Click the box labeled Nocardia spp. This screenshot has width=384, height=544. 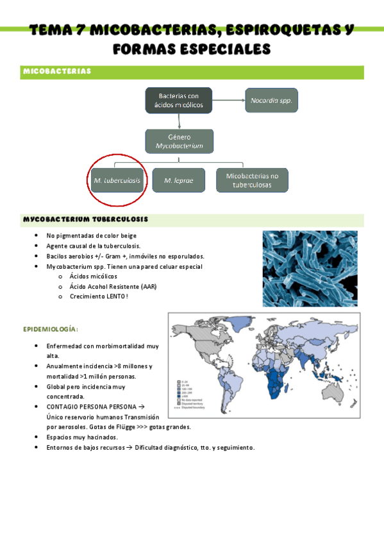tap(272, 101)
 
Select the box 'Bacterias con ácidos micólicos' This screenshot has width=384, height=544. tap(179, 100)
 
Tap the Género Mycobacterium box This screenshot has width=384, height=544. tap(179, 141)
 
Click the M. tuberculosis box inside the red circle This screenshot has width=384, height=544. tap(117, 180)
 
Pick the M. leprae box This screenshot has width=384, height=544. tap(179, 180)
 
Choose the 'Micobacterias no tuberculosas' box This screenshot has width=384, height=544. tap(253, 180)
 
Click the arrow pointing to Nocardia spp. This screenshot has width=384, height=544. tap(228, 101)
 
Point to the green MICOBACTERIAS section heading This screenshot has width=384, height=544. tap(57, 71)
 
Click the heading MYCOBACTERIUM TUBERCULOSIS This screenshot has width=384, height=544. tap(85, 219)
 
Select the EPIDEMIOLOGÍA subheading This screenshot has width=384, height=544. tap(51, 329)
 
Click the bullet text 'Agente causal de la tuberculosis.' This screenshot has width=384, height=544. tap(93, 246)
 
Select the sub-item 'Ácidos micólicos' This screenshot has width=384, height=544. tap(93, 276)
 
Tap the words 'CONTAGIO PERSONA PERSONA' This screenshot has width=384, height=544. tap(92, 407)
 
